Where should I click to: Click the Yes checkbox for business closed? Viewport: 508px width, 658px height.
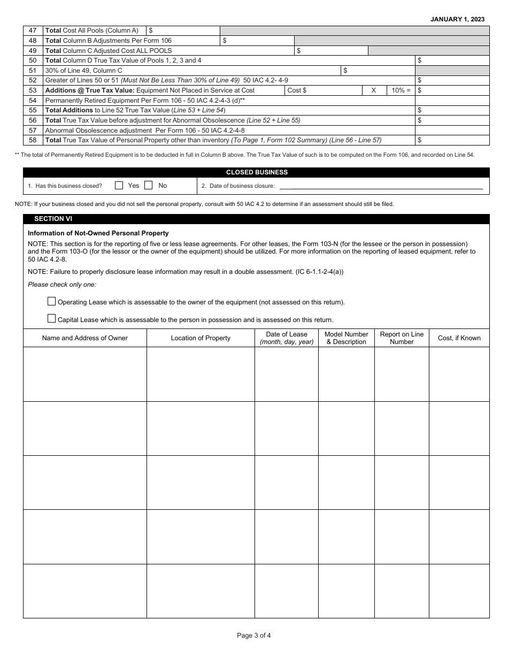pos(119,186)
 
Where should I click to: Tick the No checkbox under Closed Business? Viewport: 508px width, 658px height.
pos(149,186)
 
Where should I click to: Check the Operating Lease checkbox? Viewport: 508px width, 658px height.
pos(51,301)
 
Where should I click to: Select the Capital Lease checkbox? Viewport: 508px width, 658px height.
pos(51,319)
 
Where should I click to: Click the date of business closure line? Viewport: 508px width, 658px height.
pos(381,186)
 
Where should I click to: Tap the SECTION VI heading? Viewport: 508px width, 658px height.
pos(53,219)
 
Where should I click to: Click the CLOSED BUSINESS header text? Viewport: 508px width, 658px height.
pos(257,172)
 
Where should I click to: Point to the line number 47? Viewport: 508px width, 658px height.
pos(33,31)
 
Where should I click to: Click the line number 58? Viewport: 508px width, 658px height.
pos(33,140)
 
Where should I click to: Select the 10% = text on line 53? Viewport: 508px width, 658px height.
pos(401,90)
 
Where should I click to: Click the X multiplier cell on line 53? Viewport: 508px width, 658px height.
pos(374,90)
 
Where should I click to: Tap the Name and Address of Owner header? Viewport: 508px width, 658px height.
pos(85,338)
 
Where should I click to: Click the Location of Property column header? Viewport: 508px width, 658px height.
pos(201,338)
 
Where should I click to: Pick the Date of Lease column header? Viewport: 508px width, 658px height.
pos(287,338)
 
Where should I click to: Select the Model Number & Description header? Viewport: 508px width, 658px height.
pos(347,338)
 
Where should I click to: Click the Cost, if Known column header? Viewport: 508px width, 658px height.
pos(459,338)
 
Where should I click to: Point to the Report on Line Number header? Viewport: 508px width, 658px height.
pos(402,338)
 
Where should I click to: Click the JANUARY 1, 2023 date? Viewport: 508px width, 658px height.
pos(458,19)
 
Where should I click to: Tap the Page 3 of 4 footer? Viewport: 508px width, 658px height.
pos(254,636)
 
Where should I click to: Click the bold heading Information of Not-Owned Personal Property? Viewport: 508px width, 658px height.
pos(98,233)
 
